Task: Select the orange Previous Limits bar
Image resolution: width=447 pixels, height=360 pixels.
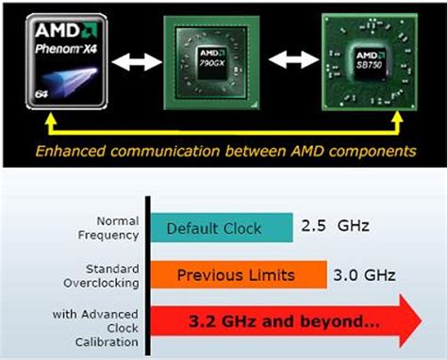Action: [x=238, y=275]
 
